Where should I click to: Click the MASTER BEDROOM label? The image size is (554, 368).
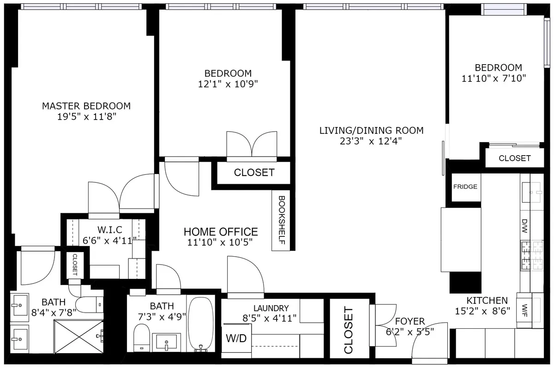(86, 106)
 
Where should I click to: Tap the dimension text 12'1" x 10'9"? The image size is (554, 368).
(228, 84)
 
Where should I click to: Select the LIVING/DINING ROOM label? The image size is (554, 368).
(371, 130)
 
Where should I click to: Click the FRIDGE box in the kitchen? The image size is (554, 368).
(465, 187)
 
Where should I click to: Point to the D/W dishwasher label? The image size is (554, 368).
(524, 225)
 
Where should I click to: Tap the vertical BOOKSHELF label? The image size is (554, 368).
(281, 220)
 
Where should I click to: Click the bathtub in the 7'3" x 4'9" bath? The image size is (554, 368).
(201, 323)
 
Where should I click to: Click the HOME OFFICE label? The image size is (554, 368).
(221, 232)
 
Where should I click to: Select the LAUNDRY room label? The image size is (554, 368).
(271, 308)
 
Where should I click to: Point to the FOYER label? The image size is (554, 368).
(409, 321)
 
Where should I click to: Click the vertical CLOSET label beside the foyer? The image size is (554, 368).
(349, 330)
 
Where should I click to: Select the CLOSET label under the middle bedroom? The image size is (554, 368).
(254, 173)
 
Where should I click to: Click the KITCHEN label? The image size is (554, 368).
(487, 300)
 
